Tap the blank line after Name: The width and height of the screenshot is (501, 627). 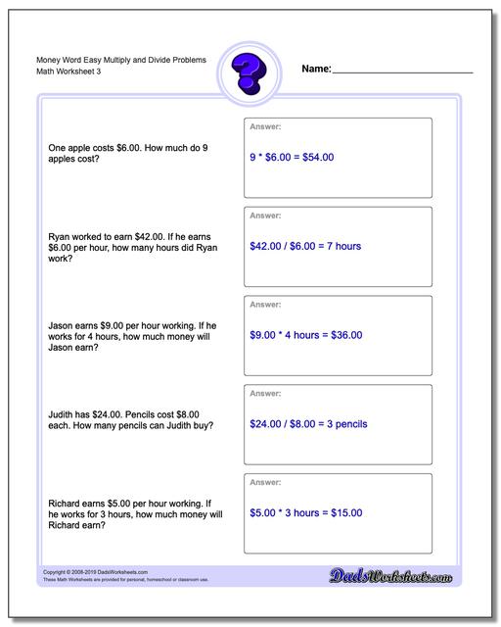(x=402, y=72)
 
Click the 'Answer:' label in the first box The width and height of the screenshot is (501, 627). (x=266, y=126)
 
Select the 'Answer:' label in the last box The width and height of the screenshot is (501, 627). (x=266, y=483)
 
